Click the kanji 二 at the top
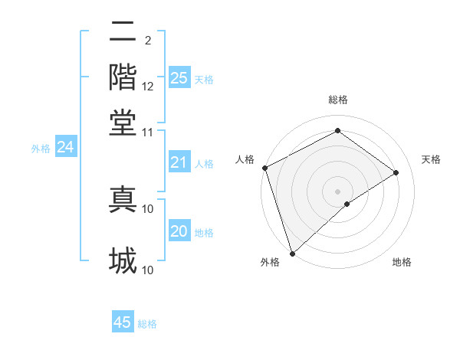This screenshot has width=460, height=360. pos(123,32)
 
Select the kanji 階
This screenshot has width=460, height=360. pos(123,77)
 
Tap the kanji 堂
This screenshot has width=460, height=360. pos(123,121)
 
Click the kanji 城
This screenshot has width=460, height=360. pos(123,260)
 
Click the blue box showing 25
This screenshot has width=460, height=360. pos(179,77)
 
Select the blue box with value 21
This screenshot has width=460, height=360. pos(179,162)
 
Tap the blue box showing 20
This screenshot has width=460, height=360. pos(179,231)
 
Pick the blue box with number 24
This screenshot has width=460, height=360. pos(65,147)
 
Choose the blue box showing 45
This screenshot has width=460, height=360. pos(123,322)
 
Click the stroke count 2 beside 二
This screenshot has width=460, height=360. pos(148,40)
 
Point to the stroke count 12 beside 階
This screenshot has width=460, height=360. pos(148,87)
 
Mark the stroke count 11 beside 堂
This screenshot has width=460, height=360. pos(148,132)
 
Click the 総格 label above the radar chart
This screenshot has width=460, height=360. pos(338,100)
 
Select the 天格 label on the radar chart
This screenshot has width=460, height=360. pos(432,159)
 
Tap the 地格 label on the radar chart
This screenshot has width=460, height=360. pos(402,262)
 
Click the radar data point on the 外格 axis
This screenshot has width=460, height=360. pos(292,253)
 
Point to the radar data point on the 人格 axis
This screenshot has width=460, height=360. pos(264,168)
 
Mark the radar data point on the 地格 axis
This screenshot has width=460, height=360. pos(347,204)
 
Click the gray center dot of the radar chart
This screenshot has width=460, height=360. pos(338,191)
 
